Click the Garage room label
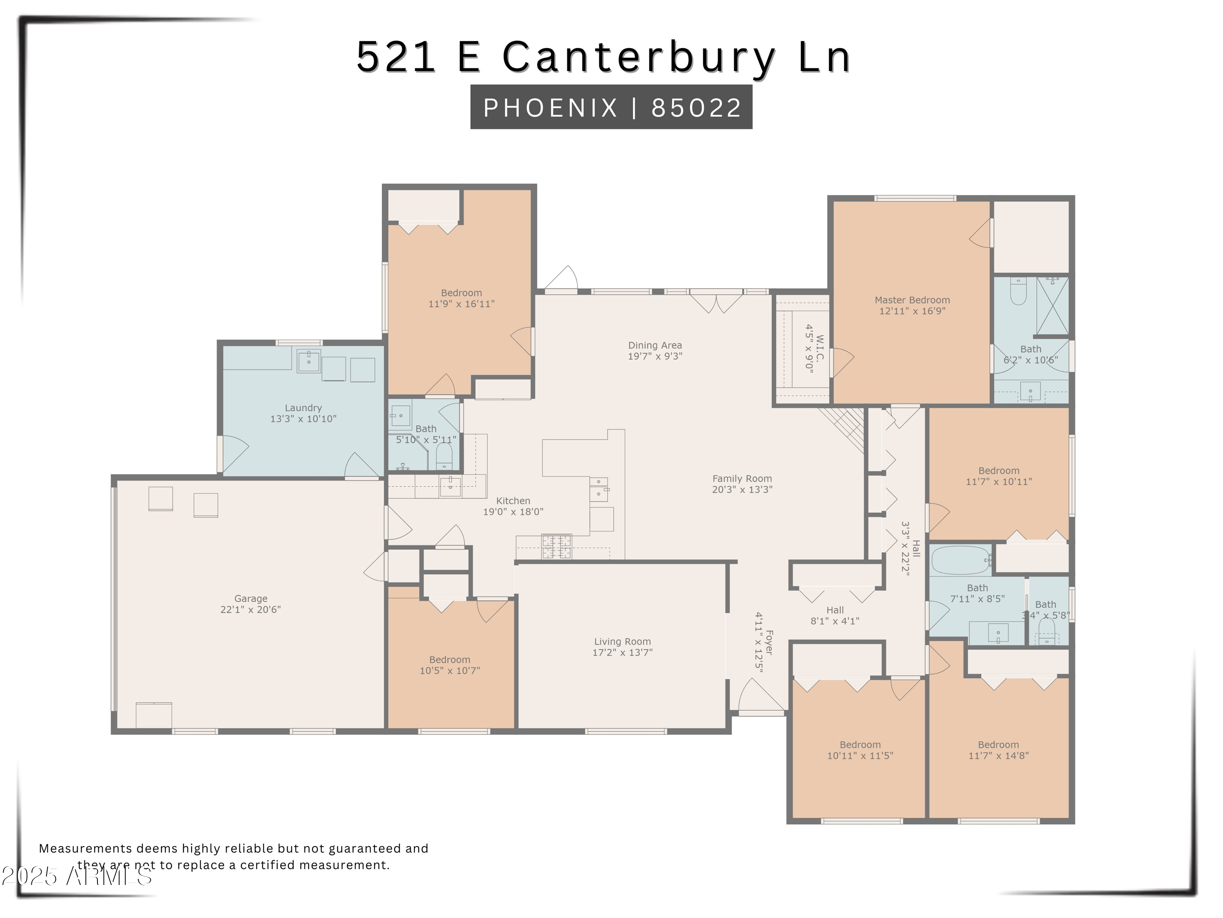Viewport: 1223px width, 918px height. coord(250,598)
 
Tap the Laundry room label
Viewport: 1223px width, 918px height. coord(303,408)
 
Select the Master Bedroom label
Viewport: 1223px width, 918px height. coord(912,300)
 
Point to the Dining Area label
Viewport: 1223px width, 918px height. coord(655,345)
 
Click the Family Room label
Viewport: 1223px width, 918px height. coord(742,479)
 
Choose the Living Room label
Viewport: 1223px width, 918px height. coord(622,641)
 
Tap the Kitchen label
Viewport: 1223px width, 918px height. coord(513,501)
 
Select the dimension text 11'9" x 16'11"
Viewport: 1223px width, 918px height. coord(461,304)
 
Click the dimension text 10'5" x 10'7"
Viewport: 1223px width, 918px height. coord(450,671)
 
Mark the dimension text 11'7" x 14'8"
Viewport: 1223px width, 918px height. coord(998,756)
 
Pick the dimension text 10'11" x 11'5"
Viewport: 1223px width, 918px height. coord(860,756)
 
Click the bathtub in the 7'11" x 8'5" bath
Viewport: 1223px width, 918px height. coord(961,560)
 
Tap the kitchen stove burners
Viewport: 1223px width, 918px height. coord(556,547)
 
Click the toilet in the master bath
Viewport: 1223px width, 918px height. coord(1018,292)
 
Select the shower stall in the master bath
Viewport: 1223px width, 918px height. coord(1052,306)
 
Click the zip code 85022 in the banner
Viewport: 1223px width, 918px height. coord(695,107)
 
